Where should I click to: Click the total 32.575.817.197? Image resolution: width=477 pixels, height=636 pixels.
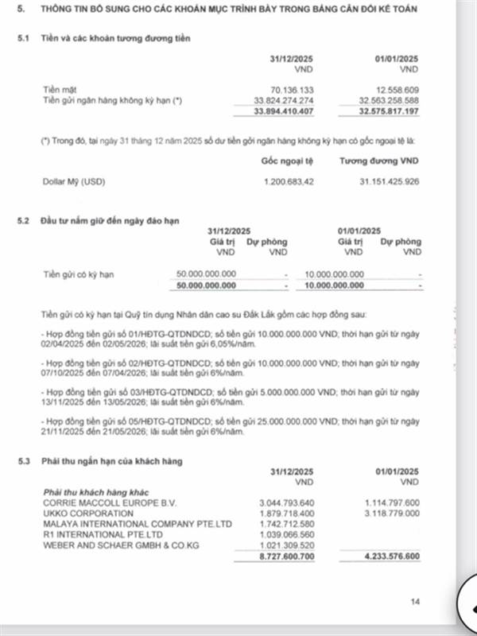[x=389, y=110]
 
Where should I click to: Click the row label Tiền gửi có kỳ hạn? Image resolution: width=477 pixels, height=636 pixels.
[x=79, y=274]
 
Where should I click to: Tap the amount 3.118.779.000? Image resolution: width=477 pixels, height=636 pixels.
[x=390, y=513]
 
